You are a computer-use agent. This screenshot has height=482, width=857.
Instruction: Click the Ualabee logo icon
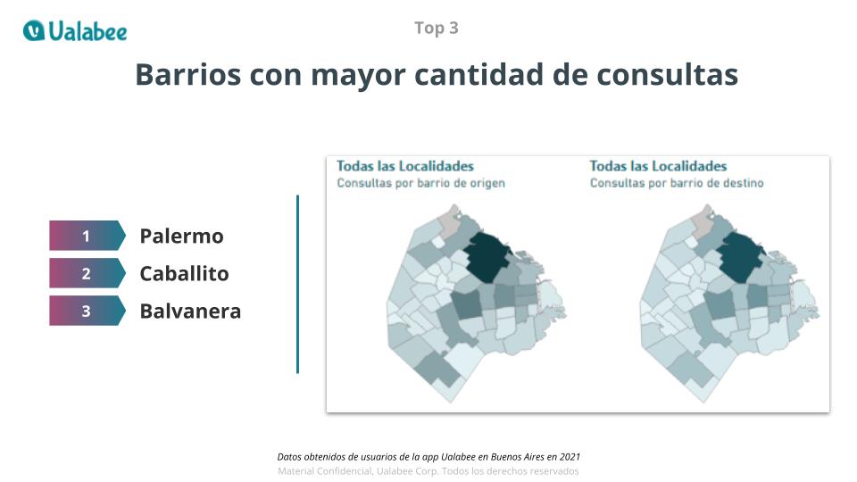coord(34,30)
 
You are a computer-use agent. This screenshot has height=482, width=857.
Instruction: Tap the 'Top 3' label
coord(437,28)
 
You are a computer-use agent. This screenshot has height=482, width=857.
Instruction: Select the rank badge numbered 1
coord(87,236)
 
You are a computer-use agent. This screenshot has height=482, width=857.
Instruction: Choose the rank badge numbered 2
coord(87,273)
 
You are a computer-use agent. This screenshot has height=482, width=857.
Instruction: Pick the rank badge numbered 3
coord(87,311)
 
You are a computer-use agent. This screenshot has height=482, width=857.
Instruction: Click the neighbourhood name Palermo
coord(181,236)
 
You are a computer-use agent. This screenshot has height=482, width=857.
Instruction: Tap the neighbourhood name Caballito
coord(184,273)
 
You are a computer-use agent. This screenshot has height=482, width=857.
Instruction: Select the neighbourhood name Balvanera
coord(190,311)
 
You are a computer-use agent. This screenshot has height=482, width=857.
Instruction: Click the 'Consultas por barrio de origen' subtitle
coord(420,183)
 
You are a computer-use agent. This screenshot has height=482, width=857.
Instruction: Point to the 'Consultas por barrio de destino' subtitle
coord(677,183)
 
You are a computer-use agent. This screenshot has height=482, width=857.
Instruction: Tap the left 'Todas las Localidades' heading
coord(404,166)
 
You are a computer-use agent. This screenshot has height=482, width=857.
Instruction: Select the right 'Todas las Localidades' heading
coord(658,166)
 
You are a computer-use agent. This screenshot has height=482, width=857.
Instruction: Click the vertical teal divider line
coord(297,284)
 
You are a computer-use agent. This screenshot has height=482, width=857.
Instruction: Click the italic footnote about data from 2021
coord(428,456)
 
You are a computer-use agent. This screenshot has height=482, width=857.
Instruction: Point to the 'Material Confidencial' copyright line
coord(428,470)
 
